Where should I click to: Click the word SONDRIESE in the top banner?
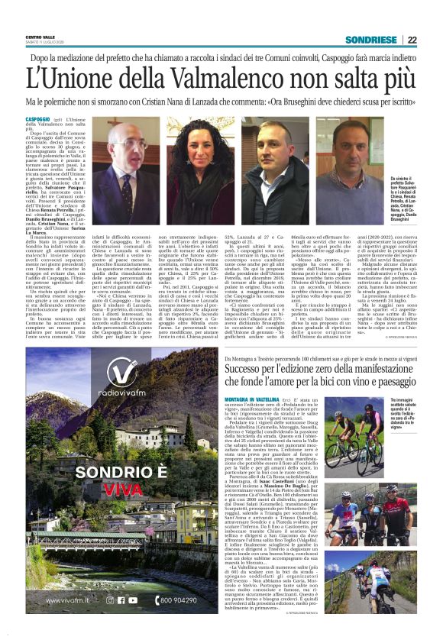371,40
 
